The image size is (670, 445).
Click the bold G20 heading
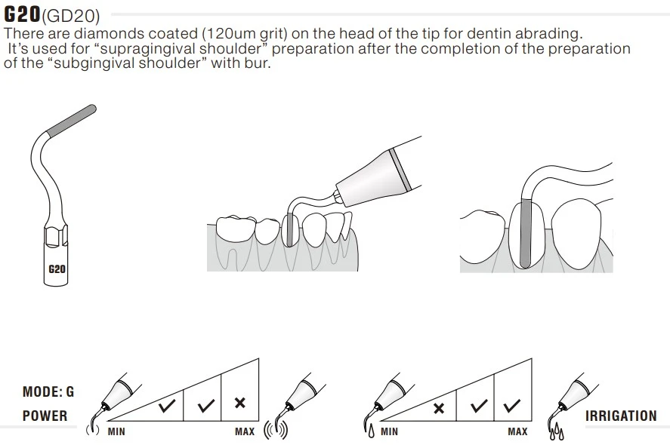[x=22, y=14]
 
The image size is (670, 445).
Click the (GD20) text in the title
[x=71, y=16]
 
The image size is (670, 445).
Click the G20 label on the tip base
[x=57, y=269]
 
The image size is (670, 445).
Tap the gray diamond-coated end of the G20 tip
[x=71, y=121]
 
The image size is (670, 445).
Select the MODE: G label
[x=48, y=391]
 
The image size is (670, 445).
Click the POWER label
[x=45, y=416]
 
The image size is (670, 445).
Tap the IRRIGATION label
[x=621, y=416]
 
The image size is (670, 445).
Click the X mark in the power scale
[x=240, y=402]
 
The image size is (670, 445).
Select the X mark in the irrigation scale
[x=439, y=408]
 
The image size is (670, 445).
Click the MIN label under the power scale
[x=116, y=431]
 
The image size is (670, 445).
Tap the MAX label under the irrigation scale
[x=517, y=431]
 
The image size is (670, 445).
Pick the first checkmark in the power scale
[x=167, y=405]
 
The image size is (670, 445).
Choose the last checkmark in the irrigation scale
[x=512, y=405]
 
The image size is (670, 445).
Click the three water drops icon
[x=557, y=431]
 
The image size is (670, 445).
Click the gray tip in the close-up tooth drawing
[x=526, y=232]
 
